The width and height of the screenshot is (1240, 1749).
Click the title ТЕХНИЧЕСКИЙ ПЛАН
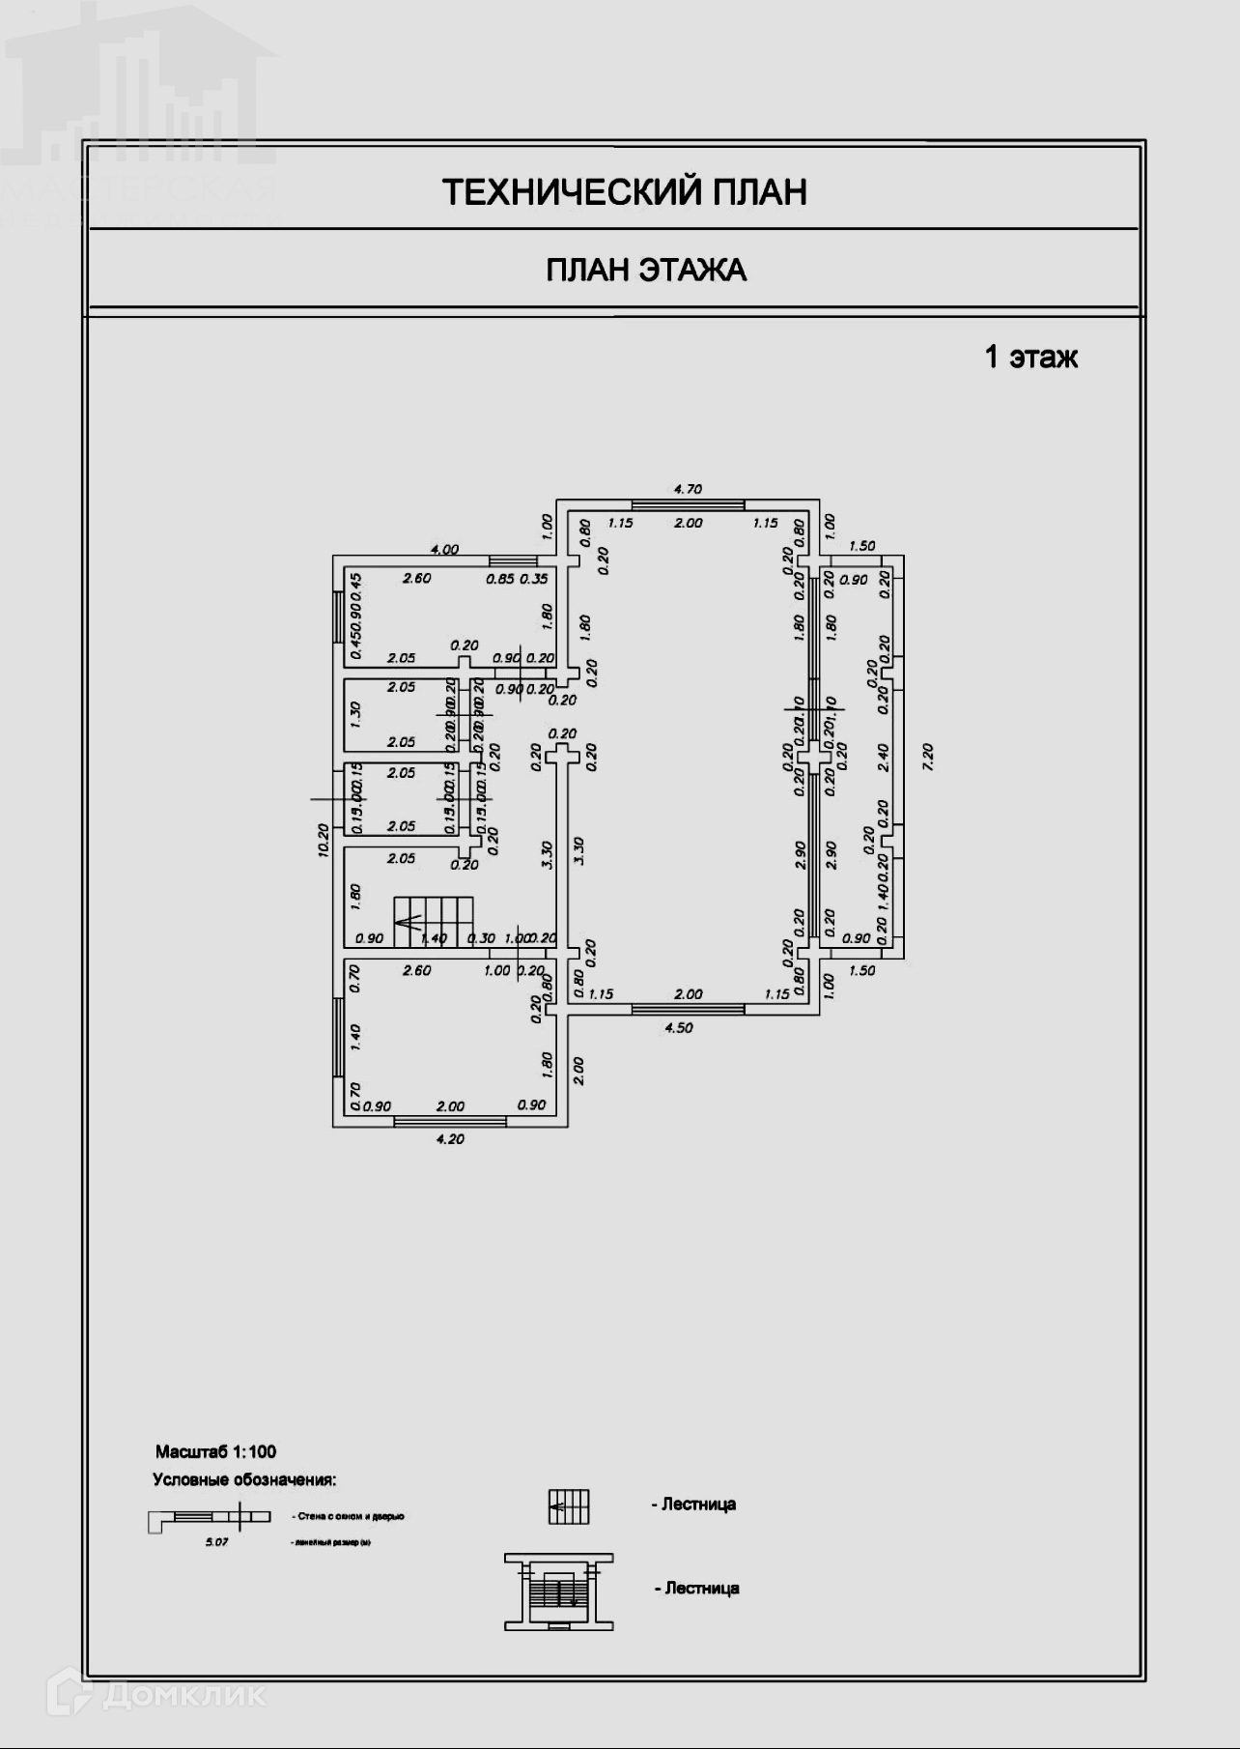click(625, 192)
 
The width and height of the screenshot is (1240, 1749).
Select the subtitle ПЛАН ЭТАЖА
click(646, 270)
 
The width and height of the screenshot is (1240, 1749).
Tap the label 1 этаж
click(1030, 358)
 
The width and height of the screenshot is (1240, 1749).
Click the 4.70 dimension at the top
click(688, 489)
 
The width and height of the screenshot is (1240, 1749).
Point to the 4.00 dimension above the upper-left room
click(444, 549)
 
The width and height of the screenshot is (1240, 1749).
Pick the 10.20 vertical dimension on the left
click(324, 840)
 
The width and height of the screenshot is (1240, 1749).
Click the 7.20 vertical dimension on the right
click(929, 756)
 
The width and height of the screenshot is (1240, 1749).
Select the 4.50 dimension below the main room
click(679, 1028)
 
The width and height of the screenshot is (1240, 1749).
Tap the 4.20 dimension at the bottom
click(450, 1139)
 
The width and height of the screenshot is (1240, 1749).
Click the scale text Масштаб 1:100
click(216, 1451)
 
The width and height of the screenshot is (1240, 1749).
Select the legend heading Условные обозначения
click(244, 1479)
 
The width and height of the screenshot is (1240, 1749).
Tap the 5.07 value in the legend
click(216, 1542)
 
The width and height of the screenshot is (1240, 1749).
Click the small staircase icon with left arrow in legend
click(569, 1505)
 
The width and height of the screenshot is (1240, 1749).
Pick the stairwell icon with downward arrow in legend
click(559, 1591)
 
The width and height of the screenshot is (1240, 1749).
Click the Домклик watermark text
click(183, 1694)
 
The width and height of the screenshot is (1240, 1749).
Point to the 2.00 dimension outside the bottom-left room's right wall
click(578, 1070)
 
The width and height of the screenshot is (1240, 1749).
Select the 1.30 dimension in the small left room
click(355, 715)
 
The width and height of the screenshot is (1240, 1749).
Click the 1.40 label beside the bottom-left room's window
click(355, 1038)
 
